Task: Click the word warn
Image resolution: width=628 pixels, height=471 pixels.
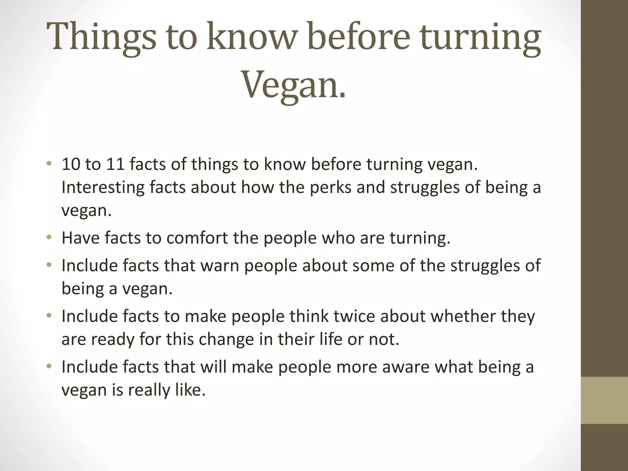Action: (x=220, y=266)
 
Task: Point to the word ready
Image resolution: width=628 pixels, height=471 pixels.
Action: (x=113, y=339)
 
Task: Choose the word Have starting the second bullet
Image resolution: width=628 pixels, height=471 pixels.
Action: (x=81, y=238)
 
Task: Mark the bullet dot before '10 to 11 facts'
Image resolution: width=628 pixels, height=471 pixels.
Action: (x=49, y=163)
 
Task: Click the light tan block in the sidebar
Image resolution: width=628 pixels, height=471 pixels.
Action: (x=604, y=400)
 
